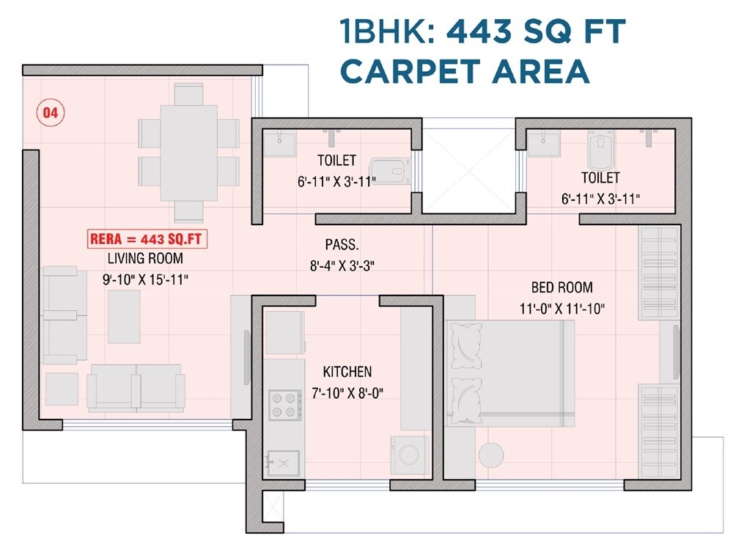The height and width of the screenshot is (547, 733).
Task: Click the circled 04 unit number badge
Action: click(51, 113)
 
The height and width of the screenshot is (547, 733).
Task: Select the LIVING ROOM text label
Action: click(145, 259)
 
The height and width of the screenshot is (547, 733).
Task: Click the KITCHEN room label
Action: click(347, 372)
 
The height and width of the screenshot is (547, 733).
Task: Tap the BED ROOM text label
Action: click(561, 287)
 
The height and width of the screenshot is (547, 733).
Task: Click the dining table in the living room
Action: click(188, 153)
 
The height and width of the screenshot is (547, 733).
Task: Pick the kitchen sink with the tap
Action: click(282, 463)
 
